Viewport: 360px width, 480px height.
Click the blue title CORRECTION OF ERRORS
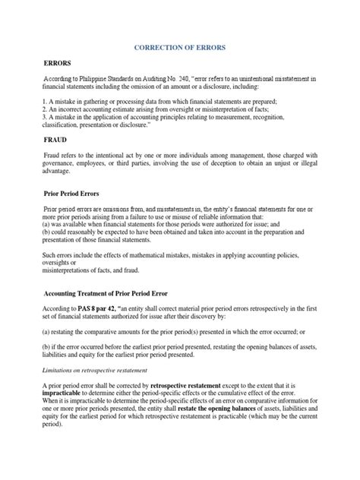coord(179,47)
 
